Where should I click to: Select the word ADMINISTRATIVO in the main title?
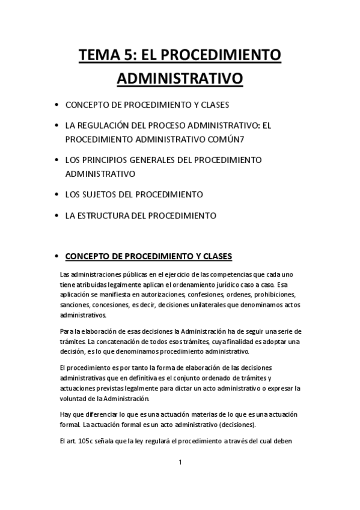click(x=179, y=79)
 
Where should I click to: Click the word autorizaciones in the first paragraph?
click(x=168, y=294)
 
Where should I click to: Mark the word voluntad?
click(x=75, y=399)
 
